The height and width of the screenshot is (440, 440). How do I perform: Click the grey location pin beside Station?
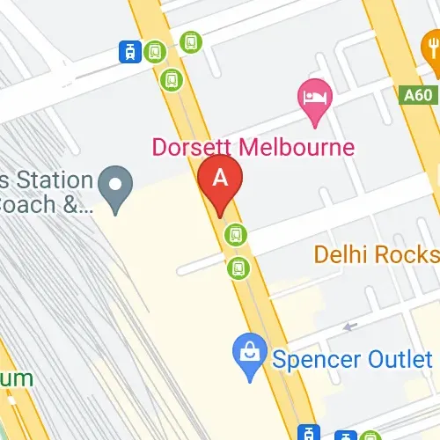tap(114, 187)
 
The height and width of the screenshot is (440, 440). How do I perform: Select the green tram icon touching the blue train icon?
tap(155, 52)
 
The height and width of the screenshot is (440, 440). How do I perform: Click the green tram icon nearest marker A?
tap(234, 234)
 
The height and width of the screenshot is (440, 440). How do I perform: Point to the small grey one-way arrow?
tap(350, 326)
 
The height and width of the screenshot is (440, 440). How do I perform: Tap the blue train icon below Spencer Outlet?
tap(309, 433)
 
